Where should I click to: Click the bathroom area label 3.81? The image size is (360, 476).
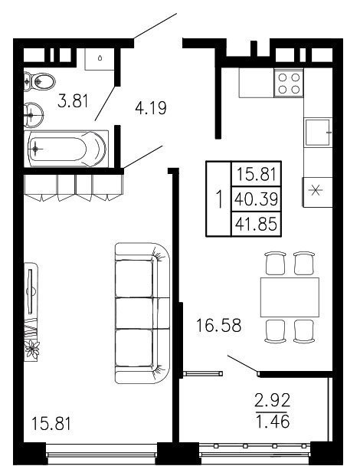73,101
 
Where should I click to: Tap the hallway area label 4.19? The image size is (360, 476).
151,108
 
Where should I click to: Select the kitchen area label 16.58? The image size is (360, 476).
218,325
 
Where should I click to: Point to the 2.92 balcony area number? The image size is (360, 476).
273,400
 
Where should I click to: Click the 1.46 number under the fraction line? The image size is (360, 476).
273,422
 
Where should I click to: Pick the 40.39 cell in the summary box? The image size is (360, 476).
257,199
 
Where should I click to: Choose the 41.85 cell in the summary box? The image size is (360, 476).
257,225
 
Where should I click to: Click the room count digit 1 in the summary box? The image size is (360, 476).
219,199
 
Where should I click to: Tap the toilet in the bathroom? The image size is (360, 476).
39,81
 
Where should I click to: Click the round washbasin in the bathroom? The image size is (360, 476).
34,115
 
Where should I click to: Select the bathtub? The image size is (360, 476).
66,149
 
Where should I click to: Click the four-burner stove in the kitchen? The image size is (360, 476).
289,83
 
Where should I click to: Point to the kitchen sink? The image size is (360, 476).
318,133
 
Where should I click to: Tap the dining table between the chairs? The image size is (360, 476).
290,297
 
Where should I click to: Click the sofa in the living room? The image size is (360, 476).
142,313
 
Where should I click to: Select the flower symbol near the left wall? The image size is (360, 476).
32,349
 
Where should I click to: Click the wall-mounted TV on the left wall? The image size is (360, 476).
30,291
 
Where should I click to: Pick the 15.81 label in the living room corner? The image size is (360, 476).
51,424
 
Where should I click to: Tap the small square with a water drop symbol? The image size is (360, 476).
100,58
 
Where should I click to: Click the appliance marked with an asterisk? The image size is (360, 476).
317,192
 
